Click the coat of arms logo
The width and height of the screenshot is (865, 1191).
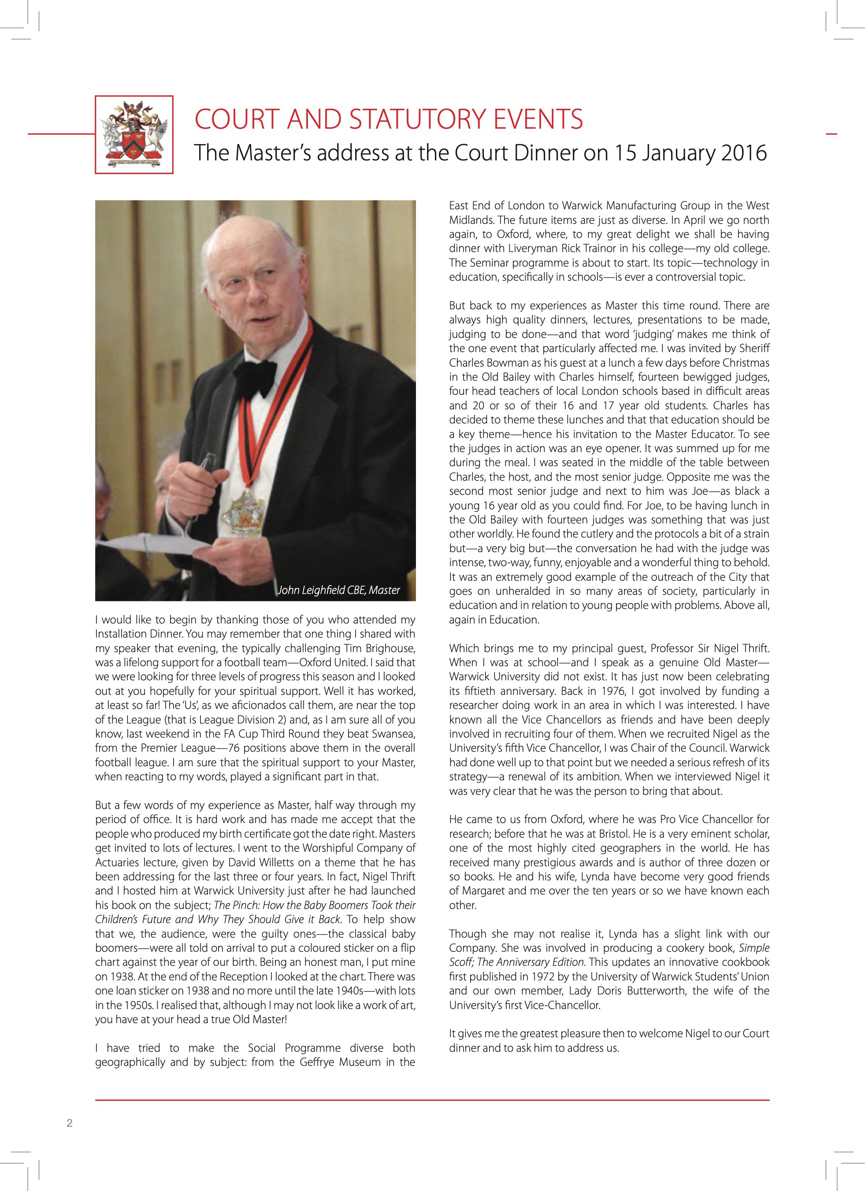tap(134, 134)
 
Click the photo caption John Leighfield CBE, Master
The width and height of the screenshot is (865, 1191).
tap(338, 590)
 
